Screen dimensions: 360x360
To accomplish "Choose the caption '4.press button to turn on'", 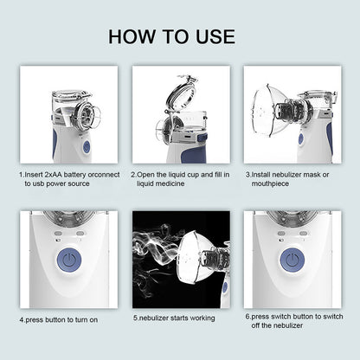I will [59, 318].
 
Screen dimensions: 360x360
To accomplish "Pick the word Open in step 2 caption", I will [148, 173].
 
